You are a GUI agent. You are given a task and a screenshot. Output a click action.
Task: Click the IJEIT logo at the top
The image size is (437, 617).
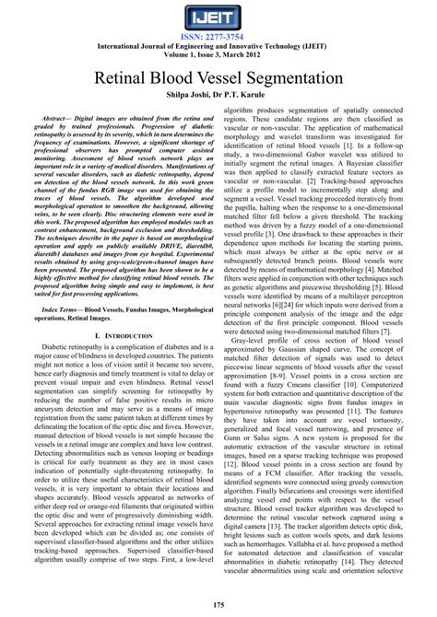coord(218,18)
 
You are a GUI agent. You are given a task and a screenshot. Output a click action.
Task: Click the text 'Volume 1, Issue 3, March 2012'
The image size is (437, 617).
coord(218,55)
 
